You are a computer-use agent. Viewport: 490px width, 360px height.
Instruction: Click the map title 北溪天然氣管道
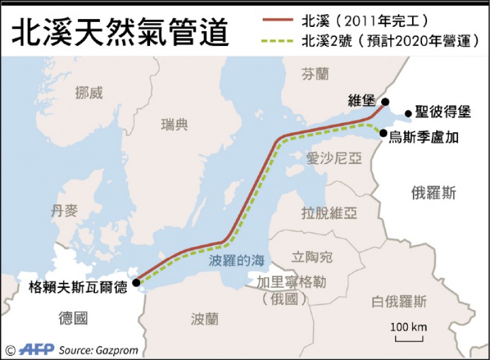coord(120,31)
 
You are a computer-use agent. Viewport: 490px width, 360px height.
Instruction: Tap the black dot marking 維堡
coord(385,102)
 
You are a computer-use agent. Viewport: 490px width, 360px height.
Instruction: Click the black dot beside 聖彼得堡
coord(408,113)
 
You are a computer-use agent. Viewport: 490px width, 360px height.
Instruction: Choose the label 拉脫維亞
coord(329,213)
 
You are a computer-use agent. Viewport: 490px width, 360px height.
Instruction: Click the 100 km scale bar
coord(410,336)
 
